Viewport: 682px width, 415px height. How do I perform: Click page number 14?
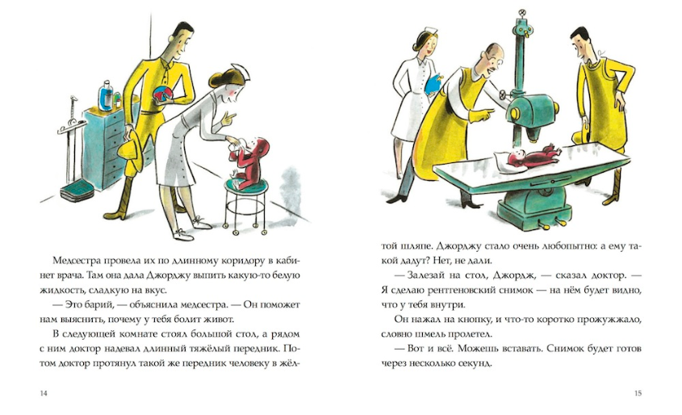[43, 393]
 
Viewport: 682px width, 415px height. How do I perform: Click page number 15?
[638, 393]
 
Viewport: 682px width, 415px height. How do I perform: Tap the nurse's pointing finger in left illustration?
[232, 115]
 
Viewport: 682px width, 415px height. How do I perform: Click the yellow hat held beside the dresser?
[130, 149]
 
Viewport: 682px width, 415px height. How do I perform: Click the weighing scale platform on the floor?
[77, 191]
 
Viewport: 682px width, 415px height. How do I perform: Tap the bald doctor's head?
[493, 55]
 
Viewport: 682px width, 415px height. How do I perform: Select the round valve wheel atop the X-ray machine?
[521, 13]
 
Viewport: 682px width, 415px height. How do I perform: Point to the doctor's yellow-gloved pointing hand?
[483, 115]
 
